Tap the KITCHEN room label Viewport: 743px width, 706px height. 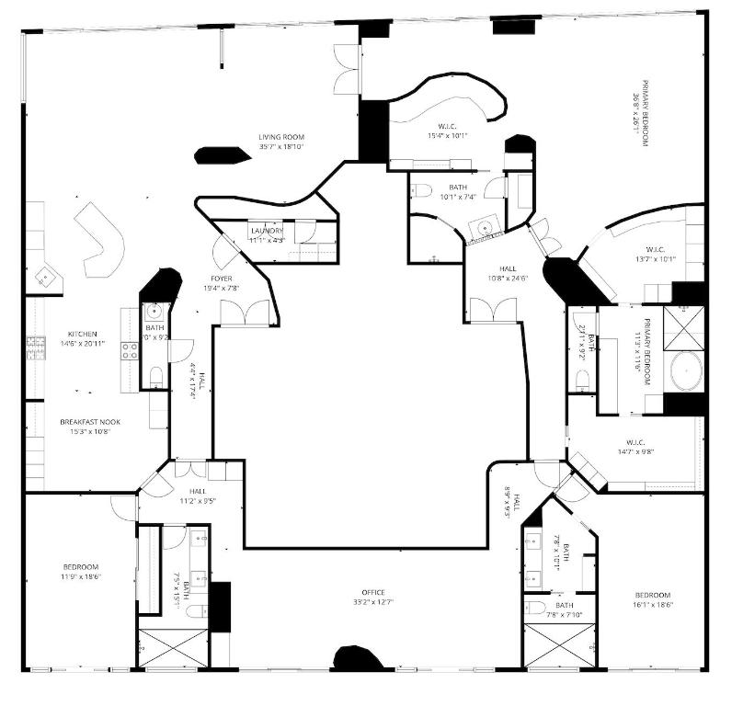(82, 334)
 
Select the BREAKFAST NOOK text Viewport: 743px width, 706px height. (90, 422)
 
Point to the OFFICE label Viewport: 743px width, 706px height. (373, 592)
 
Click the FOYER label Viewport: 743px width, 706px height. (221, 278)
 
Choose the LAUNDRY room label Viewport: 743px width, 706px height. (267, 231)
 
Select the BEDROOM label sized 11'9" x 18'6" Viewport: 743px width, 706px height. (81, 566)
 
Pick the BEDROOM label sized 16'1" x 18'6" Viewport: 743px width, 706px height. (652, 595)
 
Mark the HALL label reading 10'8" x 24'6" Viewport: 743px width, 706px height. (493, 268)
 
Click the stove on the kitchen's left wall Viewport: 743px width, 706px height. (35, 347)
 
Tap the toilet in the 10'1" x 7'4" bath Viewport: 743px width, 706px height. (422, 190)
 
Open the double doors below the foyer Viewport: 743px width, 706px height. (246, 313)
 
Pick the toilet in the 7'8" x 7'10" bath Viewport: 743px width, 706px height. (536, 609)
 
